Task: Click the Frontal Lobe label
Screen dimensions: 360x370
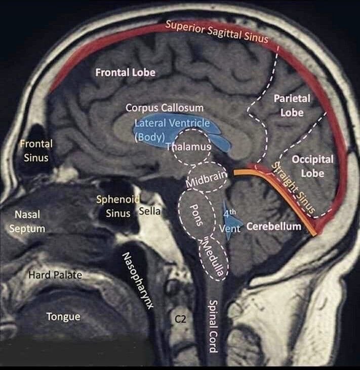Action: (x=125, y=72)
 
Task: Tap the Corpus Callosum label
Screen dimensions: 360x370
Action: (x=165, y=108)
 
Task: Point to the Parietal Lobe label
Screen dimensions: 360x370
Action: (x=292, y=105)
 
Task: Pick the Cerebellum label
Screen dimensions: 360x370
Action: (x=273, y=226)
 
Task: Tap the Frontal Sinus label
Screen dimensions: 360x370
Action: (x=36, y=151)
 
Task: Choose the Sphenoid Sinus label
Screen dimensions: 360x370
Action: (x=118, y=206)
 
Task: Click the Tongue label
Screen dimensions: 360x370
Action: (x=63, y=317)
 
